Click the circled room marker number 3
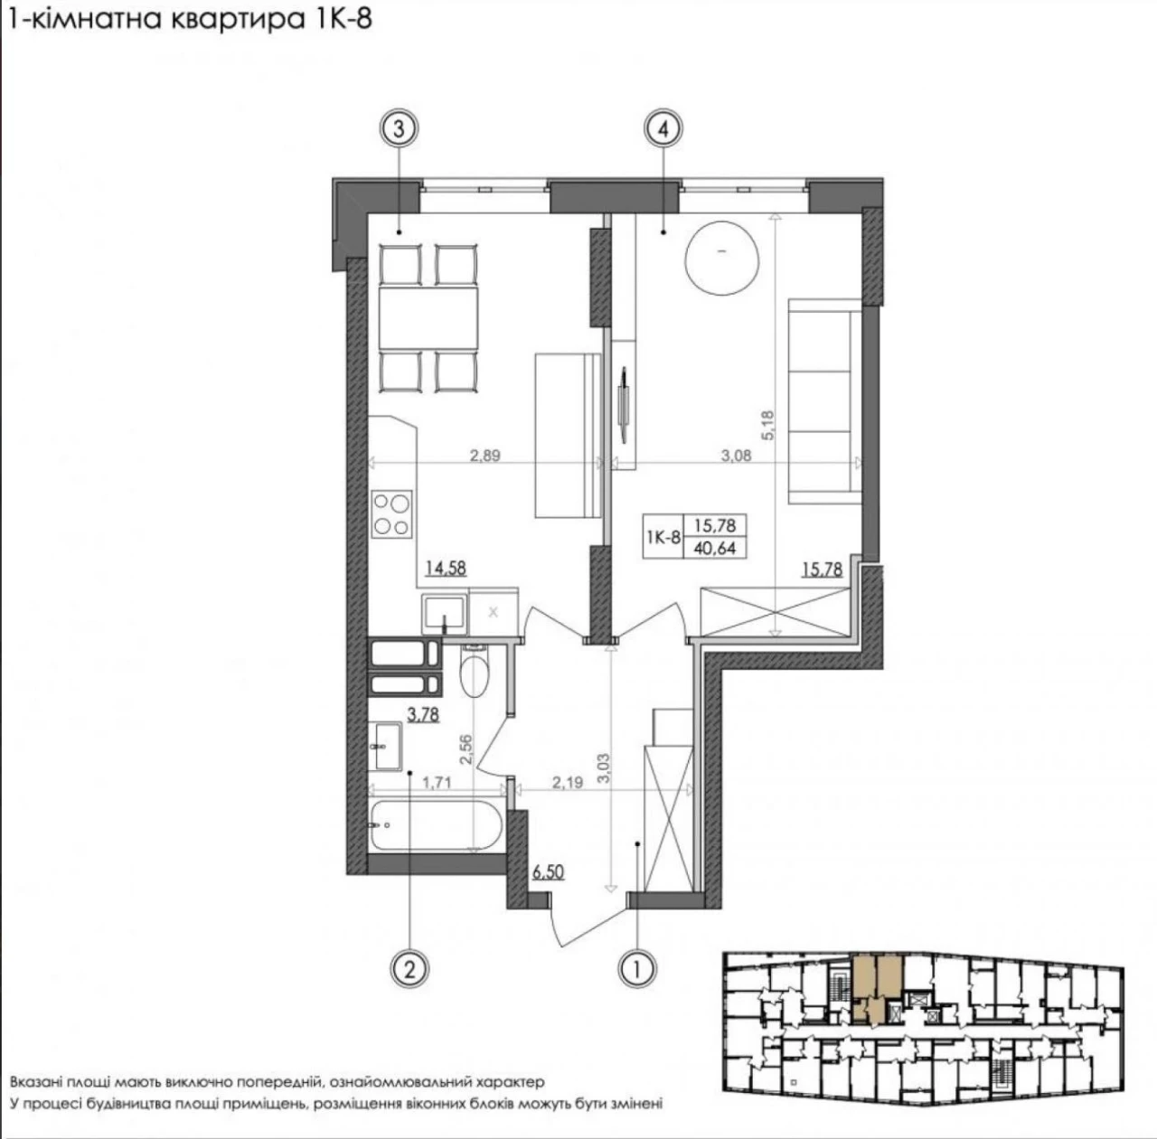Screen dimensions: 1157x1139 click(399, 129)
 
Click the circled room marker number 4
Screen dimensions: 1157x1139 click(663, 129)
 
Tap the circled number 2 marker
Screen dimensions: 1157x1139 click(409, 969)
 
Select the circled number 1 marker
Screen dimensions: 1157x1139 click(637, 969)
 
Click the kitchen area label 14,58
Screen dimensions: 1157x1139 click(446, 569)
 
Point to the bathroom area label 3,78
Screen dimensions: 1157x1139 click(423, 715)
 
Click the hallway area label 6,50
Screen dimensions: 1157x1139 click(548, 871)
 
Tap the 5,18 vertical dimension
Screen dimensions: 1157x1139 click(768, 426)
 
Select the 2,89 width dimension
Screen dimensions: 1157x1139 click(484, 456)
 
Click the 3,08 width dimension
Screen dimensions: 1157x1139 click(736, 456)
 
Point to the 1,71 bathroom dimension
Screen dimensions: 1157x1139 click(437, 782)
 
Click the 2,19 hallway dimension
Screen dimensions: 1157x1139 click(568, 782)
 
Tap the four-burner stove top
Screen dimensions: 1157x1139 click(392, 513)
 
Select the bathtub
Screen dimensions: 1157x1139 click(436, 825)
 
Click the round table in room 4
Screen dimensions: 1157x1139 click(721, 260)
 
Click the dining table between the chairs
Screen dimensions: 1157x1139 click(428, 318)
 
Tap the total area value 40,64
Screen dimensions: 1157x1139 click(714, 548)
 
